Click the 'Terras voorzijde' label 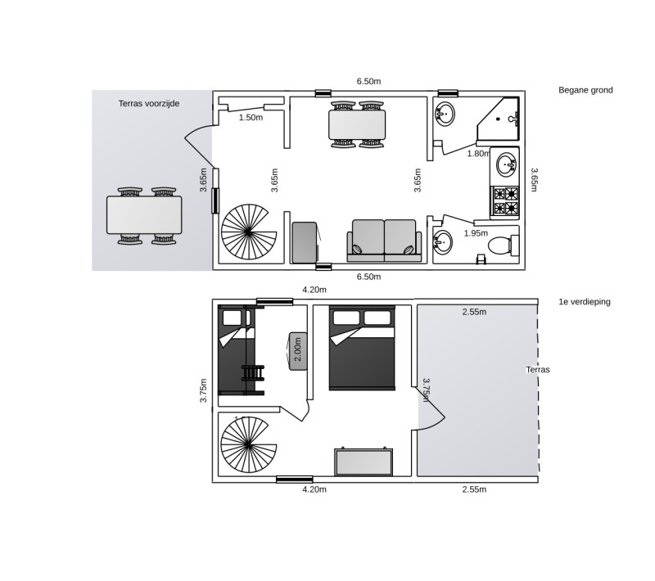(149, 103)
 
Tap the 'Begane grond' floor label (585, 90)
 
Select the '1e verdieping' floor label (585, 302)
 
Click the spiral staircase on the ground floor (249, 232)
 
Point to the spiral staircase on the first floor (249, 444)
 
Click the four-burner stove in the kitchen (505, 201)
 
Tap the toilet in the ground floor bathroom (503, 245)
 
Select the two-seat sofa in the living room (384, 241)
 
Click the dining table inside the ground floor (357, 124)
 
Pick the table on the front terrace (144, 215)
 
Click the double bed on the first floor (362, 348)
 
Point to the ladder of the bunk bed (253, 372)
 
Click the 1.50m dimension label (251, 118)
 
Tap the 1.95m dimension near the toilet (476, 233)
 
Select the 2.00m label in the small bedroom (298, 349)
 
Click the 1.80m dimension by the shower (478, 154)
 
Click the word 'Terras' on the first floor (538, 370)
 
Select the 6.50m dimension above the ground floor (368, 81)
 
